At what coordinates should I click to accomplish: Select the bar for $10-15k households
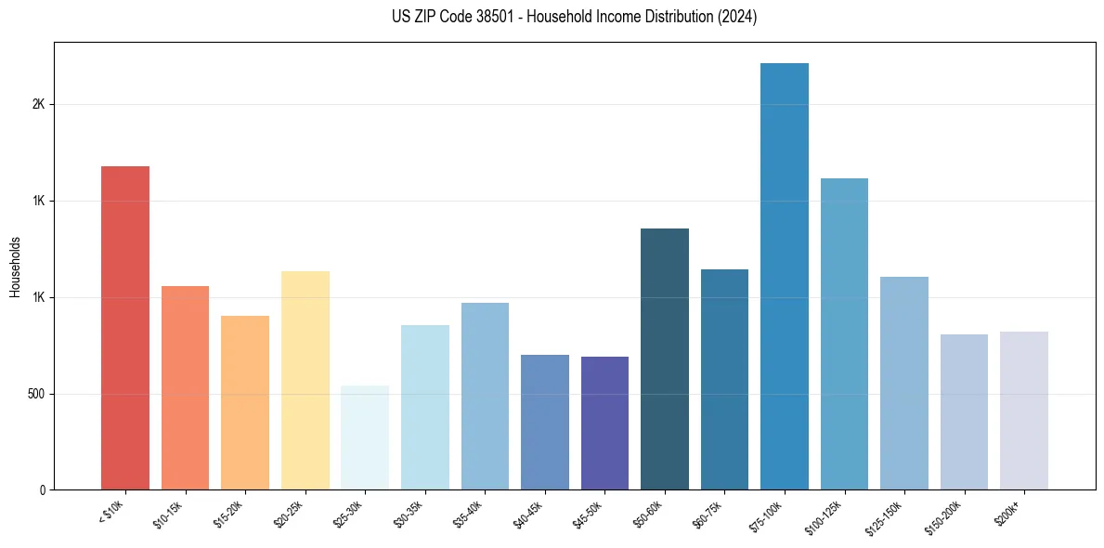tap(185, 387)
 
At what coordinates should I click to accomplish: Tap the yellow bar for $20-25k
tap(305, 380)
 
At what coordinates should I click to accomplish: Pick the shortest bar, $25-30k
tap(365, 437)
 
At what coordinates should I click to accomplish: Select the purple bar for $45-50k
tap(604, 423)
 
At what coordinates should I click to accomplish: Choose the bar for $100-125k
tap(844, 333)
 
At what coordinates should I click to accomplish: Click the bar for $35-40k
tap(485, 396)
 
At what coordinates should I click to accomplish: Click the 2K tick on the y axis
tap(38, 105)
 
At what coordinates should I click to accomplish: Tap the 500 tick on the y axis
tap(36, 394)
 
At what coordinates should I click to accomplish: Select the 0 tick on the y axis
tap(42, 490)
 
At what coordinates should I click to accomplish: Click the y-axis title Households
tap(16, 267)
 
